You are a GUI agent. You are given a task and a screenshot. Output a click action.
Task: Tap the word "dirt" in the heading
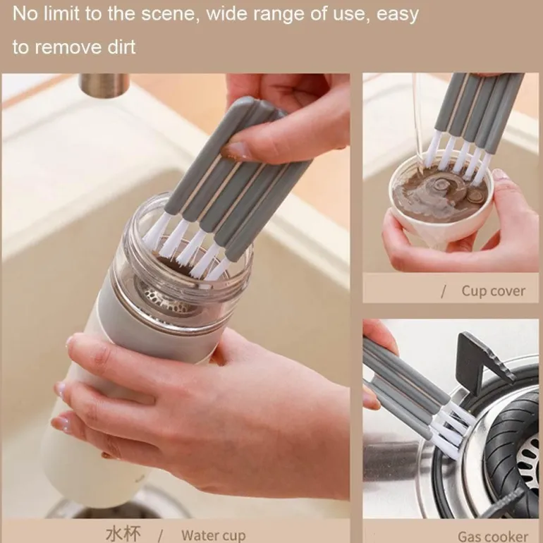[x=121, y=47]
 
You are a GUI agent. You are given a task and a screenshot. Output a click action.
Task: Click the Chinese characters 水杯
[x=123, y=534]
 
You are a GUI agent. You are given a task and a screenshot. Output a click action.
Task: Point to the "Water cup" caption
[x=213, y=535]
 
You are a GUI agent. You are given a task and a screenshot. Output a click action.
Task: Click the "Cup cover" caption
[x=494, y=291]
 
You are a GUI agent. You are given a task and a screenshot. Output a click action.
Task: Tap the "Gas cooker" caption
[x=493, y=536]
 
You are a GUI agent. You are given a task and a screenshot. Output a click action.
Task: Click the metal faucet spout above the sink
[x=104, y=85]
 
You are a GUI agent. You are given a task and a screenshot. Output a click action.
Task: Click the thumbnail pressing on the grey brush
[x=236, y=150]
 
